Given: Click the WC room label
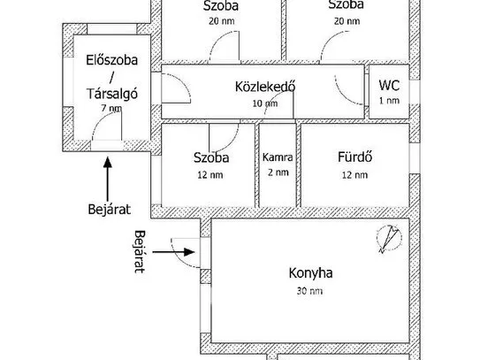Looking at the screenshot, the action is point(389,85).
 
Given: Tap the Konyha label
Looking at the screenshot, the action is point(310,272).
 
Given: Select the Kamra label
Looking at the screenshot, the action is point(278,157).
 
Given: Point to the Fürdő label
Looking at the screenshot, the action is point(355,157).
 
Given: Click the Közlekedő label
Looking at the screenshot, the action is point(265,87).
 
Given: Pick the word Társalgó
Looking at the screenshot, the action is point(112,94).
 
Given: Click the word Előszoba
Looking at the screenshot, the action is point(111,60).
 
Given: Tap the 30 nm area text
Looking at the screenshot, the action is point(309,291).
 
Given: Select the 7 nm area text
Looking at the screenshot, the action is point(111,108).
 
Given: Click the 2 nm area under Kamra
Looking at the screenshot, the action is point(278,172).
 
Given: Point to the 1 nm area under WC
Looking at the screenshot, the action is point(389,101).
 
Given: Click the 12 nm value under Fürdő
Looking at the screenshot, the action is point(354,175).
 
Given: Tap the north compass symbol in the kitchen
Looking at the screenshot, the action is point(389,239).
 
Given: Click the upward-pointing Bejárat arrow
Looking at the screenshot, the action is point(108,180).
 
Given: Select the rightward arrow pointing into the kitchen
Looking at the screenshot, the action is point(173,252).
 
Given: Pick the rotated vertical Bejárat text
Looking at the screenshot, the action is point(140,251).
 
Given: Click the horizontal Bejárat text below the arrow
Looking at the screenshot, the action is point(110,210).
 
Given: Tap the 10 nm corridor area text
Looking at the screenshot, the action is point(265,103).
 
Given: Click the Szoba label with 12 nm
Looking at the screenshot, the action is point(211,157).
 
